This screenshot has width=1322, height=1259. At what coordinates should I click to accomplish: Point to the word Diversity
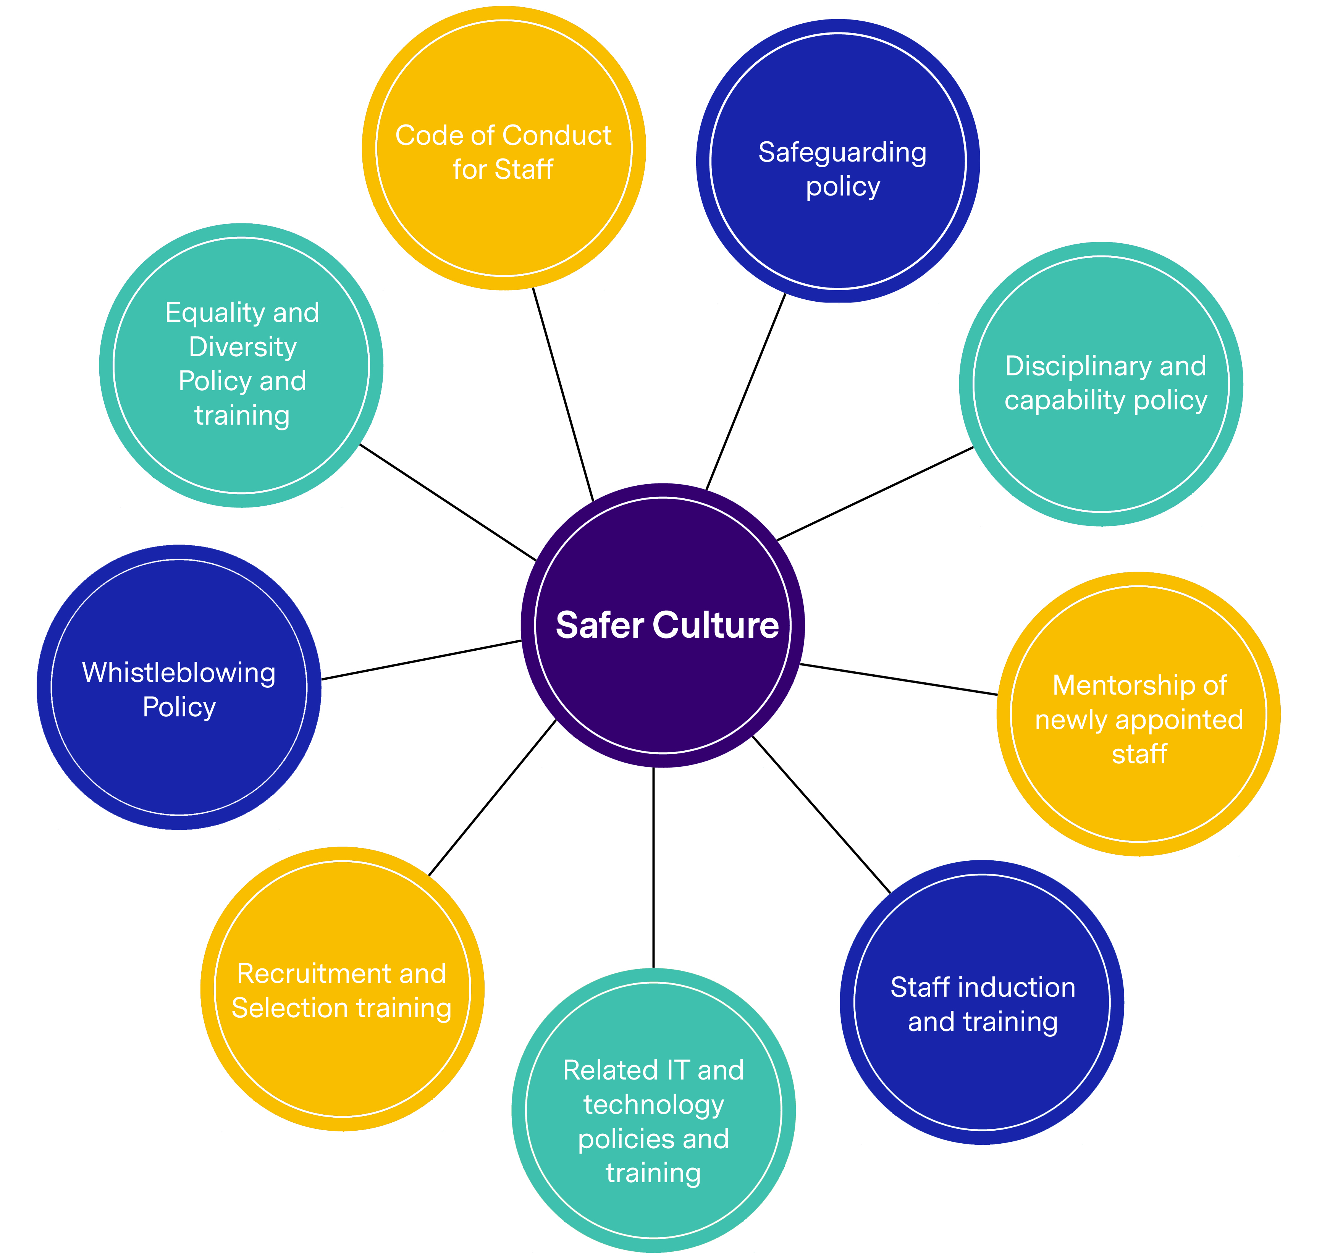click(x=242, y=347)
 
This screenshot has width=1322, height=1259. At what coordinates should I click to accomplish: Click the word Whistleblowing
click(x=178, y=673)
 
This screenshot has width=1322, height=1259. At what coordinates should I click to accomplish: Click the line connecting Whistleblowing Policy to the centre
click(x=422, y=660)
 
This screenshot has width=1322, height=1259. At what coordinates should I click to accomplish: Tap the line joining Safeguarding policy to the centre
click(x=745, y=393)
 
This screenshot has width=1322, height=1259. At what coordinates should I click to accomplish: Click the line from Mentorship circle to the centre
click(x=899, y=680)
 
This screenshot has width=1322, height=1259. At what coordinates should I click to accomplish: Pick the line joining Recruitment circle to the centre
click(x=492, y=798)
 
